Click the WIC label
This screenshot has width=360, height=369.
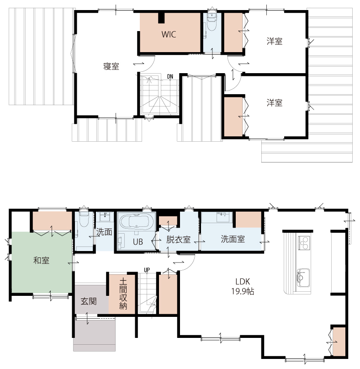click(169, 34)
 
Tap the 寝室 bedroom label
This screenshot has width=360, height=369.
click(111, 66)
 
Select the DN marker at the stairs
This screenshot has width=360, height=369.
click(170, 76)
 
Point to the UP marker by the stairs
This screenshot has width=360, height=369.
click(147, 270)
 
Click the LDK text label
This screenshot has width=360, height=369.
click(243, 282)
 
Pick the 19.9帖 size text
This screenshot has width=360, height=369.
click(243, 292)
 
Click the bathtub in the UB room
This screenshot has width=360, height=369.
click(136, 222)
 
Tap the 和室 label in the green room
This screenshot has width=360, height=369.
click(42, 261)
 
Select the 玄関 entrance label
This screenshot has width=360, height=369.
click(89, 301)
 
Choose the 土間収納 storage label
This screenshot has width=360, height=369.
click(123, 294)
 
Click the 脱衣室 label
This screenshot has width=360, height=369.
click(178, 240)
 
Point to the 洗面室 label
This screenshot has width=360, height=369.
click(233, 239)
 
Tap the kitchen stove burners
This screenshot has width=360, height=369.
click(304, 243)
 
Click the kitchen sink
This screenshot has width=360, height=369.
click(303, 278)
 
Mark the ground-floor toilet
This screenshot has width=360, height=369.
click(84, 219)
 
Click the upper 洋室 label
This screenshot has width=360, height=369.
click(275, 41)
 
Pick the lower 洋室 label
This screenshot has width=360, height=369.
click(275, 103)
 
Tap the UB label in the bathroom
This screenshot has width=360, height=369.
click(138, 242)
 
